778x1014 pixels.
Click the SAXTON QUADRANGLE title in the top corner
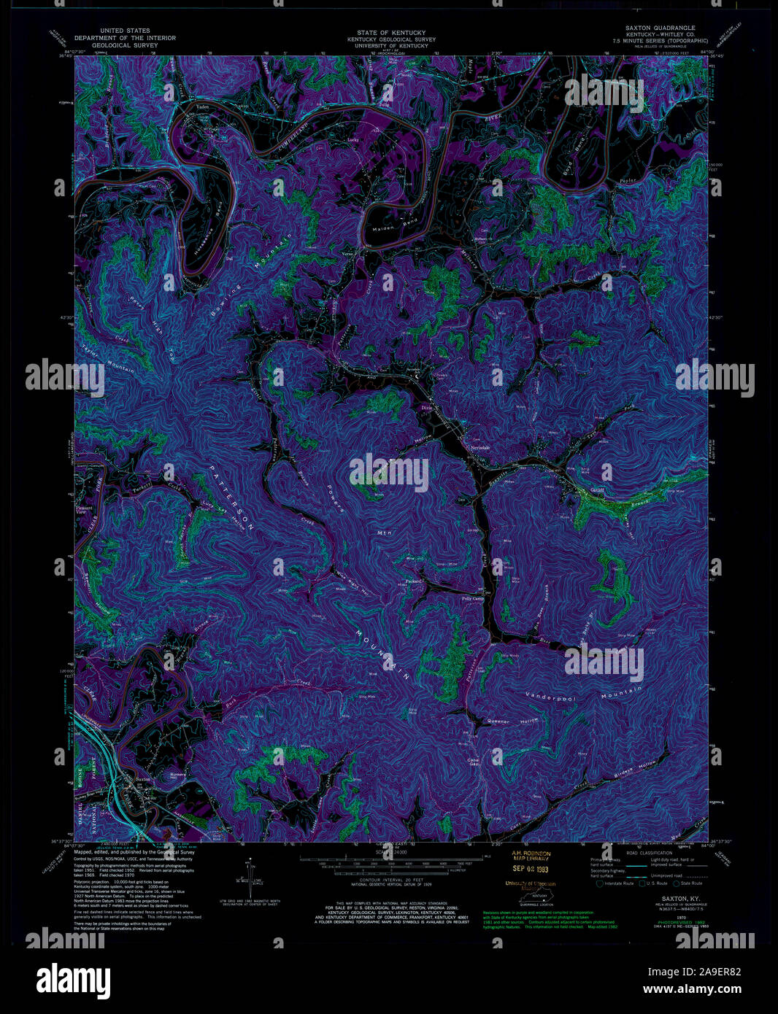(x=660, y=28)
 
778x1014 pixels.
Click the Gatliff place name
(x=598, y=490)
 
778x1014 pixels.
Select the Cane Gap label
(x=473, y=762)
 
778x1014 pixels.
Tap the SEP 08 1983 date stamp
(x=530, y=868)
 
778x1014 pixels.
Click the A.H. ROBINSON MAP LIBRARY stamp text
(x=531, y=856)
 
